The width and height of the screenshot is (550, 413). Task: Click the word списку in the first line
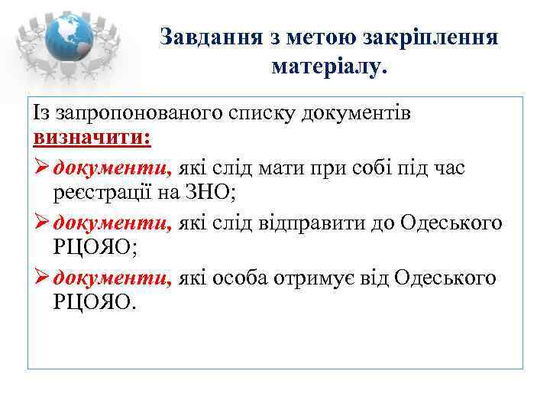[x=262, y=113]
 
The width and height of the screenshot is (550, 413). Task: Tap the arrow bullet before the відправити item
[x=40, y=223]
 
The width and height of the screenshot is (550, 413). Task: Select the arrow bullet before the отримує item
[x=40, y=277]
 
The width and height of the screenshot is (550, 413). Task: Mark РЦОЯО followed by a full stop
[x=95, y=304]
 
